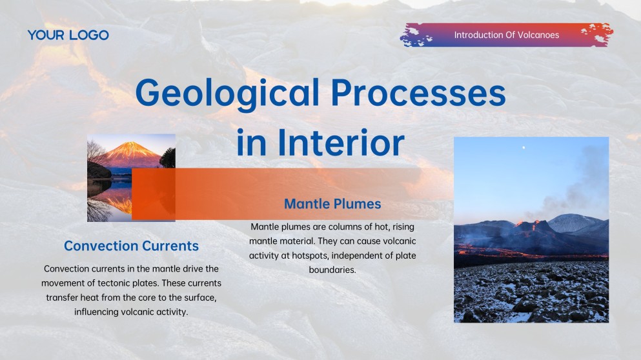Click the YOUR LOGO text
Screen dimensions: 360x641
pyautogui.click(x=68, y=35)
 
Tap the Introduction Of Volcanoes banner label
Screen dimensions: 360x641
pyautogui.click(x=506, y=35)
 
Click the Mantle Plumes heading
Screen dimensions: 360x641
pyautogui.click(x=332, y=204)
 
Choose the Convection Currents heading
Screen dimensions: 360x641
pyautogui.click(x=131, y=246)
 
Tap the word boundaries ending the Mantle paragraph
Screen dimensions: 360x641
pyautogui.click(x=332, y=270)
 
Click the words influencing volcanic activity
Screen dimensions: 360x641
pyautogui.click(x=131, y=312)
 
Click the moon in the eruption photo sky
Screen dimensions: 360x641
pyautogui.click(x=524, y=147)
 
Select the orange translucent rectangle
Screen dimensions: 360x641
pyautogui.click(x=278, y=184)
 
